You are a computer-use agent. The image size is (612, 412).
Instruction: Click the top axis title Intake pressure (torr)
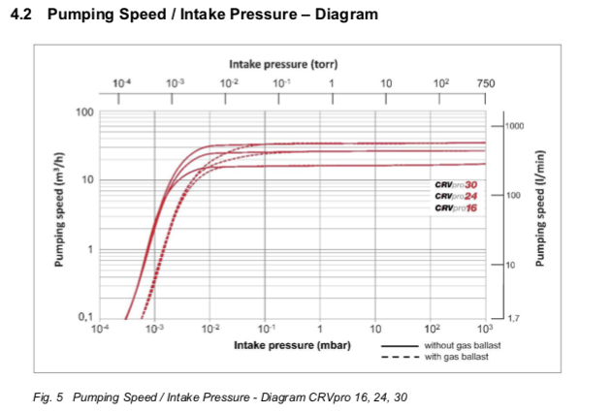[283, 65]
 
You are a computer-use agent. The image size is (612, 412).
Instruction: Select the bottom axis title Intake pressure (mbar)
[292, 345]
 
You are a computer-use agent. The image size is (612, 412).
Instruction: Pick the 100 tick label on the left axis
[85, 112]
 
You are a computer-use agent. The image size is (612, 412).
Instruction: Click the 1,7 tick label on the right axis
[511, 318]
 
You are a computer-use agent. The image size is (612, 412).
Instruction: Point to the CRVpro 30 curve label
[457, 184]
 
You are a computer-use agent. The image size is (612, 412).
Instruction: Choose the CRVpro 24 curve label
[457, 196]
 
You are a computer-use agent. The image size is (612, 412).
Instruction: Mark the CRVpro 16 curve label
[457, 207]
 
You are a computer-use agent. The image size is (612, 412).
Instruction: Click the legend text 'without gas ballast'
[457, 346]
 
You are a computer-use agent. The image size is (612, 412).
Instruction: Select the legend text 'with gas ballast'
[452, 357]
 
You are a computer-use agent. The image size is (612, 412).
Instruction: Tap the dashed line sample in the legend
[399, 357]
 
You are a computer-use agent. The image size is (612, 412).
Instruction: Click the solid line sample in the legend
[399, 346]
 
